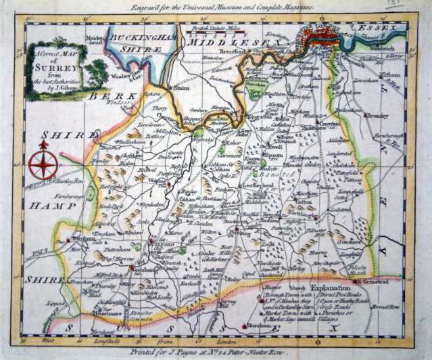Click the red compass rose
pyautogui.click(x=43, y=164)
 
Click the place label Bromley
pyautogui.click(x=379, y=116)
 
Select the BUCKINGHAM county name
pyautogui.click(x=135, y=38)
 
